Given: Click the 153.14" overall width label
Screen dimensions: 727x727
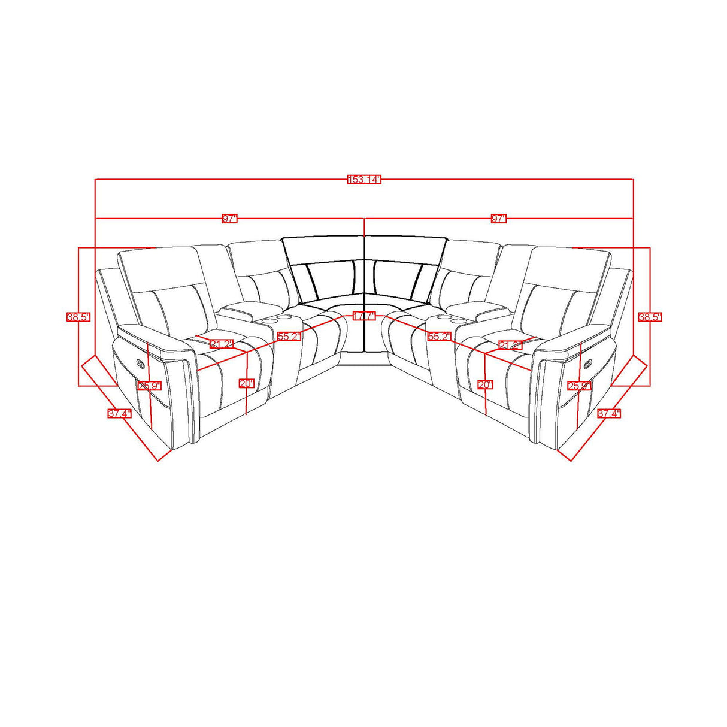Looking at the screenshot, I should [363, 180].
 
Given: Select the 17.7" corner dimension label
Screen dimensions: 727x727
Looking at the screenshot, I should [363, 316].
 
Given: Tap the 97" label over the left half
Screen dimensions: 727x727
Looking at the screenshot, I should [230, 219].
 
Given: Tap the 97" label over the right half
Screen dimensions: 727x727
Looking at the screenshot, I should [499, 219].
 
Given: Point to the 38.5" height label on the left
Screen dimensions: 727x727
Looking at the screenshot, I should [78, 317].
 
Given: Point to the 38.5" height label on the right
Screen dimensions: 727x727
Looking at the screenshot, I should [650, 317].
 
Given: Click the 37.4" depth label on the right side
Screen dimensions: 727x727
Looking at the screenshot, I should [608, 413].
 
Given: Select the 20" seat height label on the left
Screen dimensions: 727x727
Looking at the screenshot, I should [246, 384].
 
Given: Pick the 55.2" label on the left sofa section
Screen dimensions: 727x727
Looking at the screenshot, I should [288, 337].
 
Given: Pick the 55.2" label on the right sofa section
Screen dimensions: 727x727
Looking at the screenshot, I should [438, 337].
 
